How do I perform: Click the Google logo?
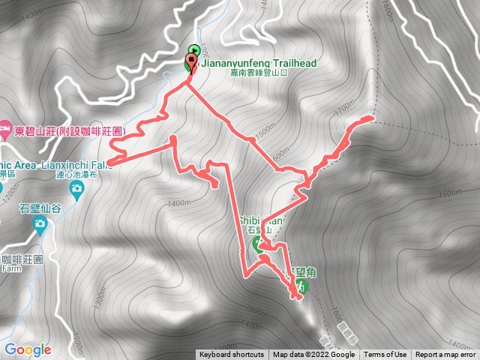click(x=28, y=349)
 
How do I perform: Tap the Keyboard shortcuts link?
click(x=232, y=355)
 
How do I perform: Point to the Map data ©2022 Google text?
click(x=313, y=355)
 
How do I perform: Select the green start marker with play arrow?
click(x=193, y=52)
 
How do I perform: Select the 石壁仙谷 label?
click(x=40, y=208)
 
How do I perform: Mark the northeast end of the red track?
click(x=370, y=118)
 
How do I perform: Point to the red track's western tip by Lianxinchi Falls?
click(x=109, y=160)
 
